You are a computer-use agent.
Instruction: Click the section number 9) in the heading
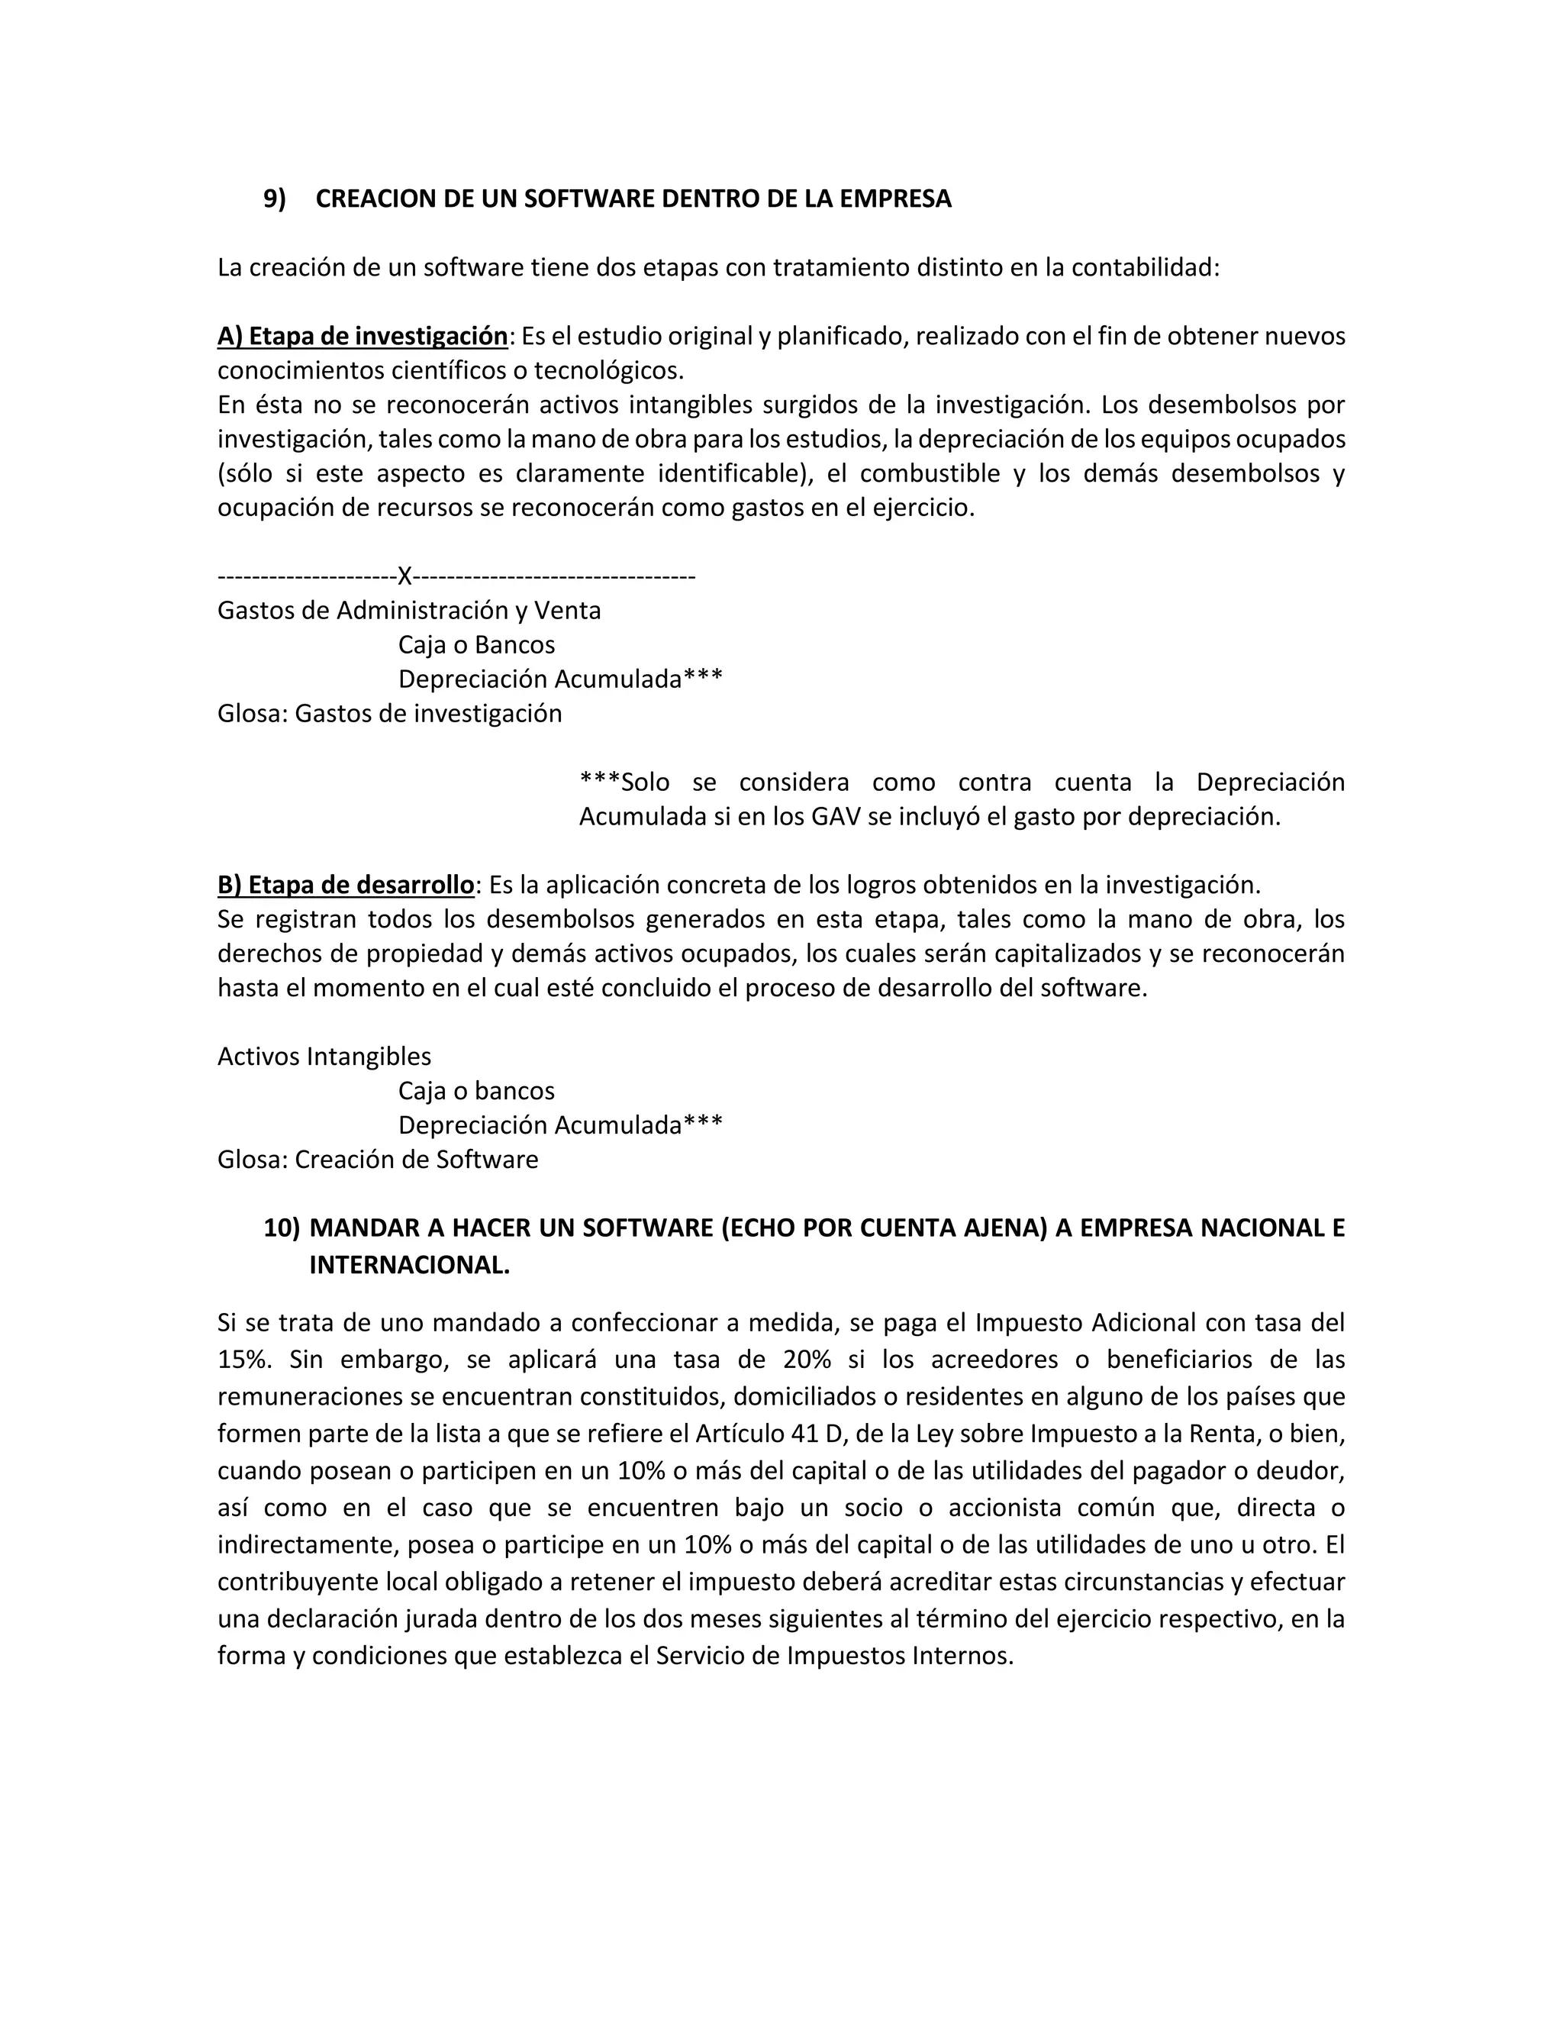pos(275,199)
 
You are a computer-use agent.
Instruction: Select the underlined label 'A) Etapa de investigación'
pos(362,336)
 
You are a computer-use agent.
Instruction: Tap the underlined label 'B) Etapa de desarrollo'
pos(346,885)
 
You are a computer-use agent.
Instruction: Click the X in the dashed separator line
pos(404,577)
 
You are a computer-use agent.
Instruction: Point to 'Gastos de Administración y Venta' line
pos(408,611)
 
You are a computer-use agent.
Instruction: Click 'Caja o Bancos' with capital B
pos(476,645)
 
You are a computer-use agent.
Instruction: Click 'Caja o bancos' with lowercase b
pos(476,1090)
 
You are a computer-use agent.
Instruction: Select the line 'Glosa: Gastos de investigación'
pos(389,713)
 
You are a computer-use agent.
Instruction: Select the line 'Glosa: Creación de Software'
pos(377,1159)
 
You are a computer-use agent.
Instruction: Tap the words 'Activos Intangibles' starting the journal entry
pos(324,1056)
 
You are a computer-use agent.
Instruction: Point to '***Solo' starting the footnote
pos(624,782)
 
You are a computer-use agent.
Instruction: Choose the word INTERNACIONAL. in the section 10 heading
pos(409,1265)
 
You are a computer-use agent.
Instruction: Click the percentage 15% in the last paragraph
pos(243,1359)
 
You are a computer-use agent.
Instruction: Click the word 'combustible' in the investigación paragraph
pos(930,473)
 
